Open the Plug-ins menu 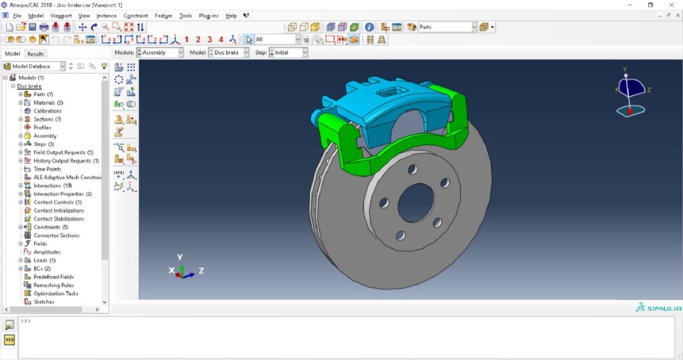coord(208,15)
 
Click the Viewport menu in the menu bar coord(60,15)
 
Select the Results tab coord(36,53)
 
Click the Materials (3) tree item coord(48,102)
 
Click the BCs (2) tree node coord(42,269)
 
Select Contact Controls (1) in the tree coord(57,202)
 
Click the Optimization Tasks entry coord(55,293)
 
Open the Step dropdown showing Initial coord(290,53)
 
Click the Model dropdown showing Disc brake coord(231,53)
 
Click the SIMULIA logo coord(659,308)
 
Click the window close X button coord(671,5)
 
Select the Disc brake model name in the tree coord(29,86)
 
